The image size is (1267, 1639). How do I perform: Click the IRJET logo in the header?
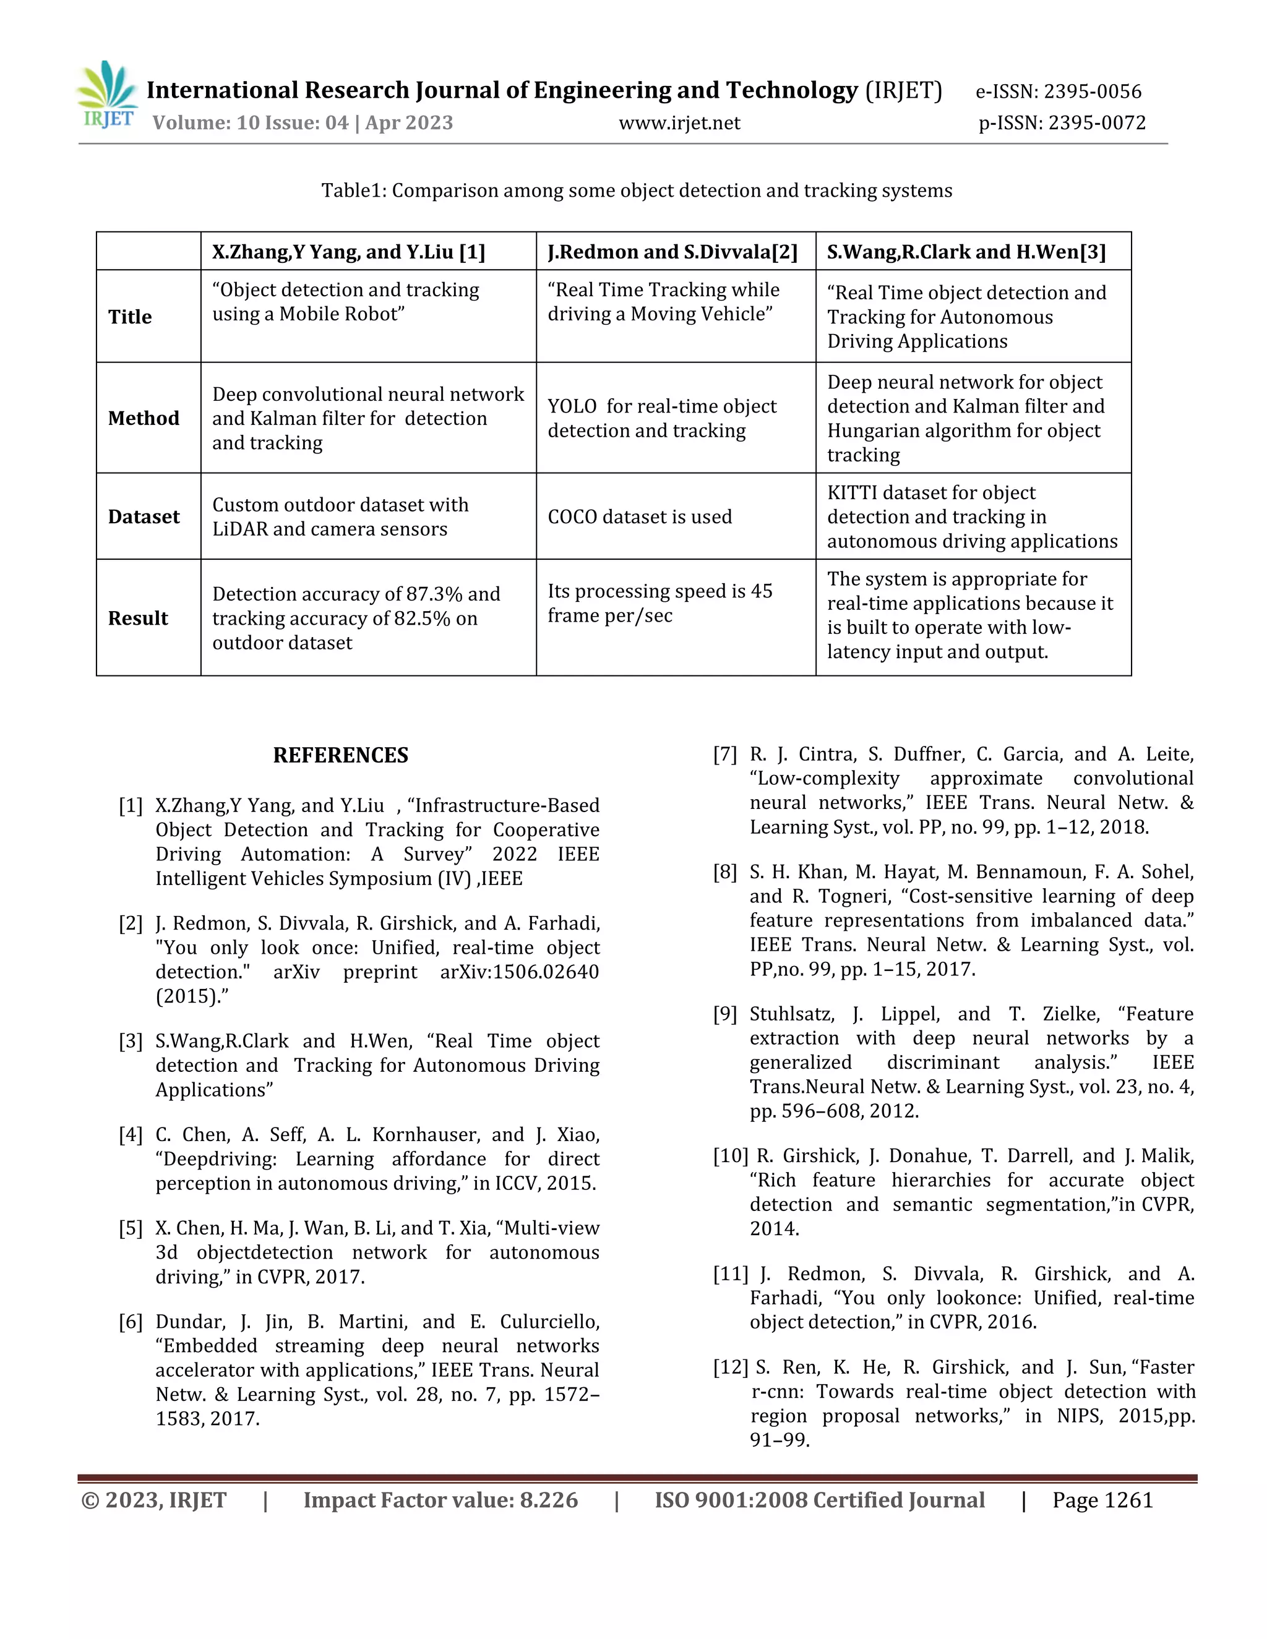[106, 96]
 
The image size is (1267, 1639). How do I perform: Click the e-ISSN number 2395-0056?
[1092, 92]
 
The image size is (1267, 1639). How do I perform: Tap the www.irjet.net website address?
[679, 123]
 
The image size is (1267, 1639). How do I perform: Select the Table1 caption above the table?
[637, 190]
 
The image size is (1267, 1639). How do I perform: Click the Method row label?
[144, 418]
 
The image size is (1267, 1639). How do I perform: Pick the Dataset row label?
[144, 516]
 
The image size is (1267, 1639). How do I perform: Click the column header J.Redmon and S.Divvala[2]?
[672, 252]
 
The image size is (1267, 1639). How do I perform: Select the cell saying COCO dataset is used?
[640, 516]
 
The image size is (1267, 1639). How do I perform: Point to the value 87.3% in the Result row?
[434, 594]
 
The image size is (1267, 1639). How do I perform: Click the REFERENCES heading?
[341, 755]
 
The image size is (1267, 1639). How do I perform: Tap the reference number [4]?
[131, 1135]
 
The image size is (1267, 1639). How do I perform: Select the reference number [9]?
[725, 1014]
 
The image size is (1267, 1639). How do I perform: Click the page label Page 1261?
[1102, 1500]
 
